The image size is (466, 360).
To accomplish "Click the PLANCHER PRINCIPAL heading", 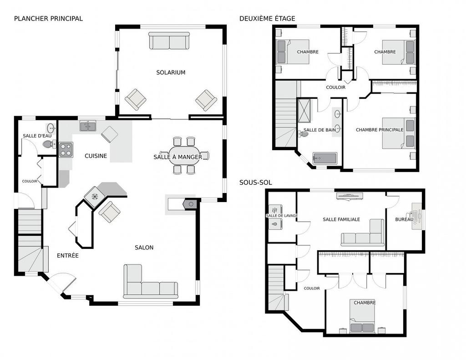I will click(x=48, y=19).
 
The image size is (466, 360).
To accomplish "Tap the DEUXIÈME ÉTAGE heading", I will click(x=267, y=19).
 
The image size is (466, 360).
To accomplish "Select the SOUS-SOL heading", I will click(x=255, y=183).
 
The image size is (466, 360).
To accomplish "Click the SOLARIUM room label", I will click(x=171, y=72).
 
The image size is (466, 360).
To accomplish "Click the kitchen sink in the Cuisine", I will click(x=88, y=126).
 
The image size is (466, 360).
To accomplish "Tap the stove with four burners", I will click(x=66, y=149).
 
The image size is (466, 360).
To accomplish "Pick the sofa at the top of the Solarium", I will click(x=169, y=42).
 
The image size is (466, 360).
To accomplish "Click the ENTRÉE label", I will click(x=68, y=256).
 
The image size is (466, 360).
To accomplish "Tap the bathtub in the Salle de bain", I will click(x=324, y=159).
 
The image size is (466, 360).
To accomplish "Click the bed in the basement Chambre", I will click(x=362, y=316).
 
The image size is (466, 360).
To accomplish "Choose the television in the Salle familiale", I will click(x=349, y=196).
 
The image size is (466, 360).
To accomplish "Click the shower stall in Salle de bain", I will click(x=304, y=111).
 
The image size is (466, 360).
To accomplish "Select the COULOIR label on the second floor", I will click(x=336, y=87).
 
